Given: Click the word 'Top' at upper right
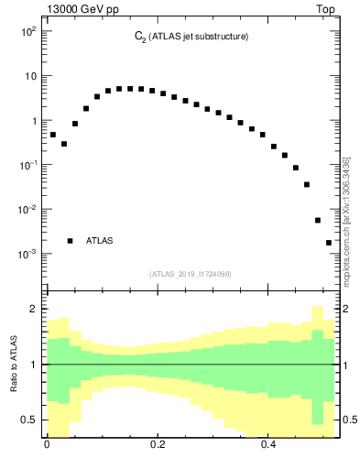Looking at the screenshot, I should (326, 10).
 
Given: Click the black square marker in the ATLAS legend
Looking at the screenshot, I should (70, 241).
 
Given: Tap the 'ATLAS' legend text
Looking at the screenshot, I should (100, 241).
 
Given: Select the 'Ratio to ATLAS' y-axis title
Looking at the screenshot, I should (14, 364).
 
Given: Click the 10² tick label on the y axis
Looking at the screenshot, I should (27, 31).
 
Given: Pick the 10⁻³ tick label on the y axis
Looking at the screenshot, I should (27, 254).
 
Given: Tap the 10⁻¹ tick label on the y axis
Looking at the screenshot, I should (27, 165).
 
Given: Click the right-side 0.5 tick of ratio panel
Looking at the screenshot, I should (350, 420).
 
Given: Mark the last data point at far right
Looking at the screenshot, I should (329, 243).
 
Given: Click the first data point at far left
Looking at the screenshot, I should (53, 135).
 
